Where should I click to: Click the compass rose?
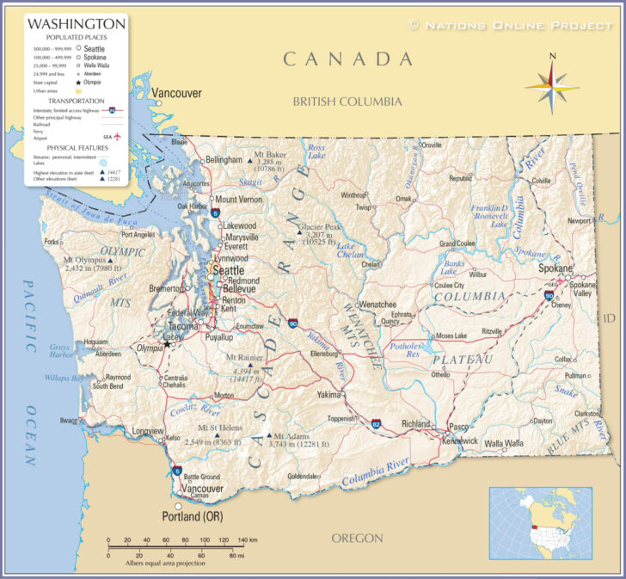(x=552, y=83)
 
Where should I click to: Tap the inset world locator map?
(x=540, y=523)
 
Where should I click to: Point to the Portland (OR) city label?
(x=193, y=516)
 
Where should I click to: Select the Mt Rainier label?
(x=245, y=357)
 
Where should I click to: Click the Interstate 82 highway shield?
(x=377, y=423)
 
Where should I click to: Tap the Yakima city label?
(x=328, y=395)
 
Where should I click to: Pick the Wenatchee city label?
(x=377, y=305)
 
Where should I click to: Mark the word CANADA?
(x=348, y=59)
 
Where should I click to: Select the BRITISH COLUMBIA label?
(x=347, y=102)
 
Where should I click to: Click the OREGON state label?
(x=357, y=538)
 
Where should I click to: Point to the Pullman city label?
(x=575, y=376)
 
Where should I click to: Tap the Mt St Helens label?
(x=220, y=428)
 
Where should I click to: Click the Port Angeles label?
(x=138, y=234)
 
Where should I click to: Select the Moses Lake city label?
(x=451, y=336)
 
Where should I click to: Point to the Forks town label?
(x=52, y=242)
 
